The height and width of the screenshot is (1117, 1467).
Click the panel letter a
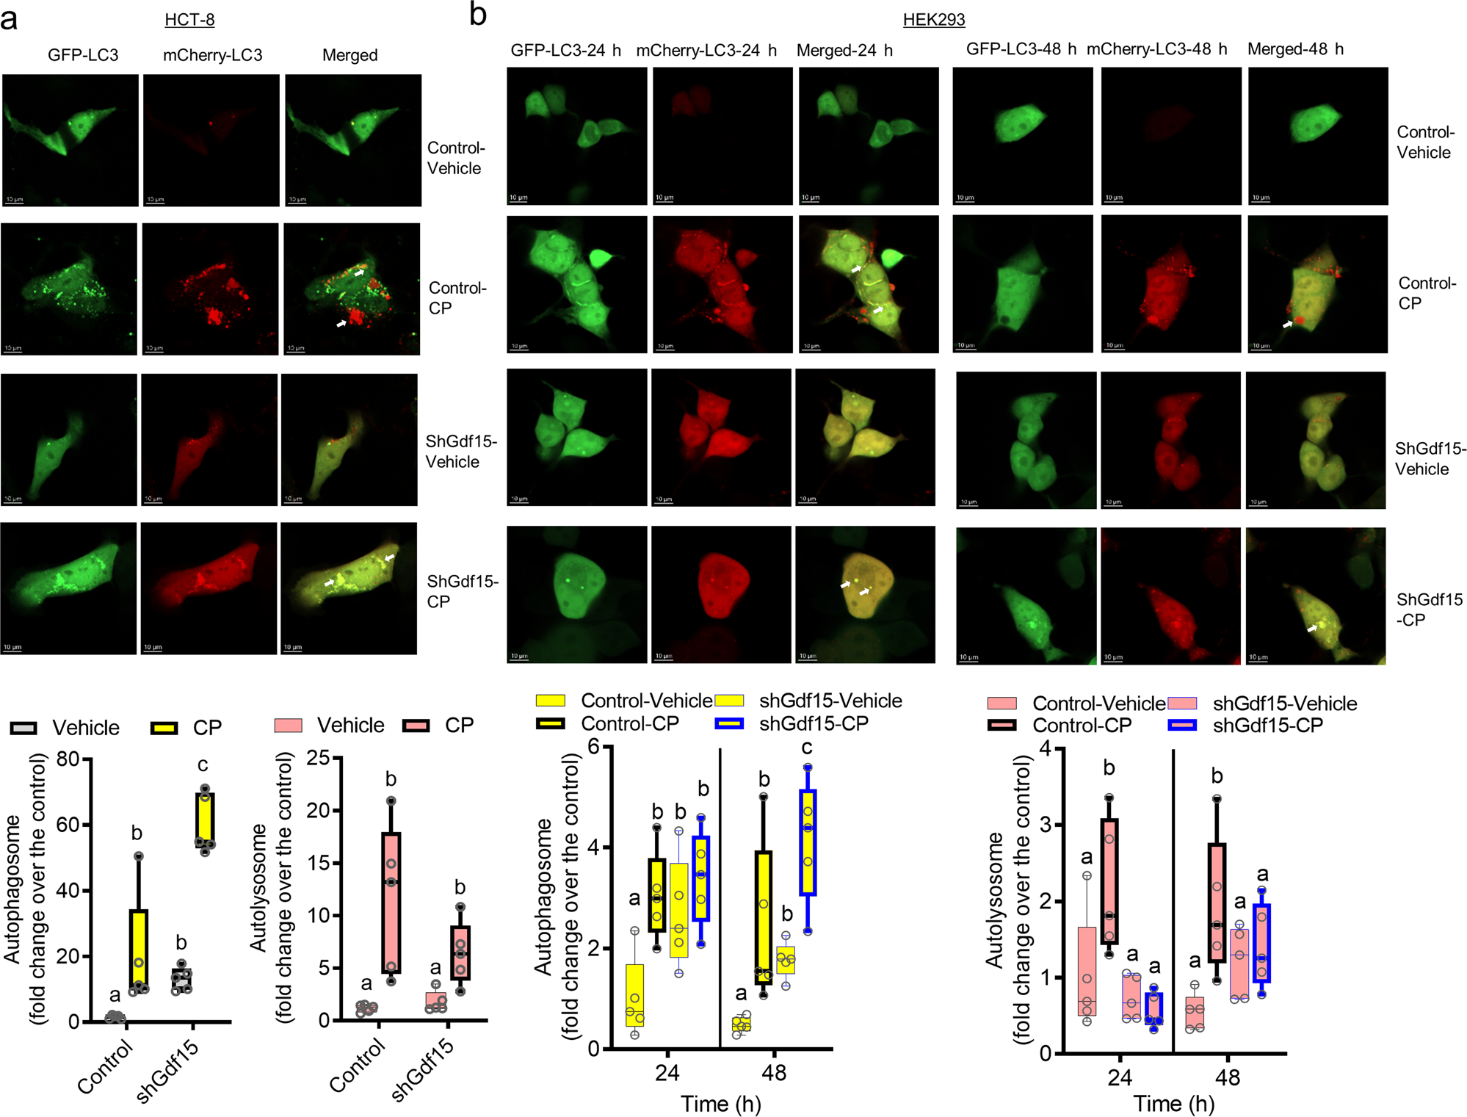[x=9, y=18]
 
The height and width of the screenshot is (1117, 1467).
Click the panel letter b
[x=478, y=14]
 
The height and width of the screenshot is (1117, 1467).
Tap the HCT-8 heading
[x=189, y=19]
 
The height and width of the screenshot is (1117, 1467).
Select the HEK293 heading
[x=933, y=19]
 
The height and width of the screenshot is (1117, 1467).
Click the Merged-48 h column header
[x=1295, y=49]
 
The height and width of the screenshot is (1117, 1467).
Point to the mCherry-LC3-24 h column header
[x=706, y=51]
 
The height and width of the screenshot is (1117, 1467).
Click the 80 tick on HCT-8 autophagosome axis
[x=68, y=759]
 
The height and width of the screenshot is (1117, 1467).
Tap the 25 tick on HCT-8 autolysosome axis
[x=318, y=757]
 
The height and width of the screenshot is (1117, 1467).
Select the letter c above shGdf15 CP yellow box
[x=203, y=764]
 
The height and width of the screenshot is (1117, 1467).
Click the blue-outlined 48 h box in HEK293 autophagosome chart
[x=808, y=842]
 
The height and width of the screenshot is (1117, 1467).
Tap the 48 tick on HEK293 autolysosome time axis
[x=1227, y=1077]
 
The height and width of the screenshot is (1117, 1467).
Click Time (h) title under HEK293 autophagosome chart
[x=720, y=1104]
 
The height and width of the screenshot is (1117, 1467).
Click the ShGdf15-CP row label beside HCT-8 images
[x=462, y=591]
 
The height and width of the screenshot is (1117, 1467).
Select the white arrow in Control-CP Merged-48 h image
[x=1288, y=323]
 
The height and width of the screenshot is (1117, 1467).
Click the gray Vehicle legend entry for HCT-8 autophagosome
[x=65, y=728]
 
